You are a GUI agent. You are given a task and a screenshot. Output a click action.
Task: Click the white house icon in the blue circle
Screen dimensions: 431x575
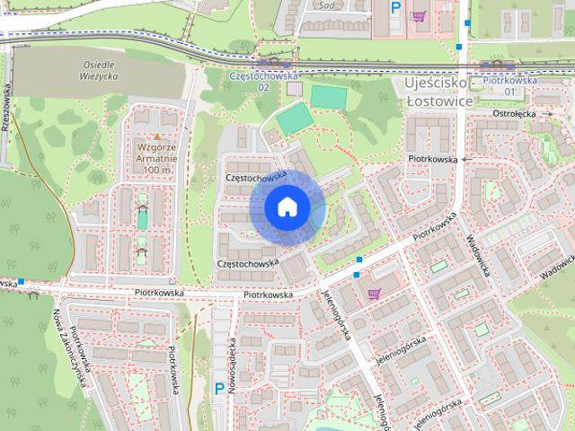287,207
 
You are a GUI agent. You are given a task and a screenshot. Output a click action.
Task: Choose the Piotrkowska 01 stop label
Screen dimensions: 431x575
509,85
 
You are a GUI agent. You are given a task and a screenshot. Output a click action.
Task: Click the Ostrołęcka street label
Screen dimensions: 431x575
513,114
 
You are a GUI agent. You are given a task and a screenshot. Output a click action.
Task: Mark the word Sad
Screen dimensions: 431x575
325,4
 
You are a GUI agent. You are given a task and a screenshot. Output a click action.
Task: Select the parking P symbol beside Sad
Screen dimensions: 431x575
395,8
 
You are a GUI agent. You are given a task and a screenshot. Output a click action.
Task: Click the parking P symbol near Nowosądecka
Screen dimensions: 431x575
219,388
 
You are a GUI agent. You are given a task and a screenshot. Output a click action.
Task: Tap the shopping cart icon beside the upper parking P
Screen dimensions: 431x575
419,15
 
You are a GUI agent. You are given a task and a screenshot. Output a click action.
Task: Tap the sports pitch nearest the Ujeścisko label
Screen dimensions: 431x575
327,96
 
